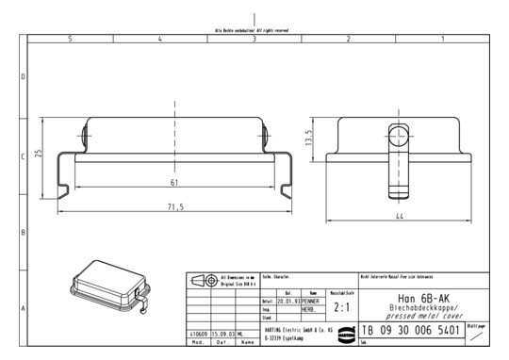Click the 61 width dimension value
(173, 182)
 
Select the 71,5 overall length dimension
(174, 205)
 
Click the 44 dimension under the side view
(400, 217)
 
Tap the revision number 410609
(197, 334)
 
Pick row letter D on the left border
(23, 76)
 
